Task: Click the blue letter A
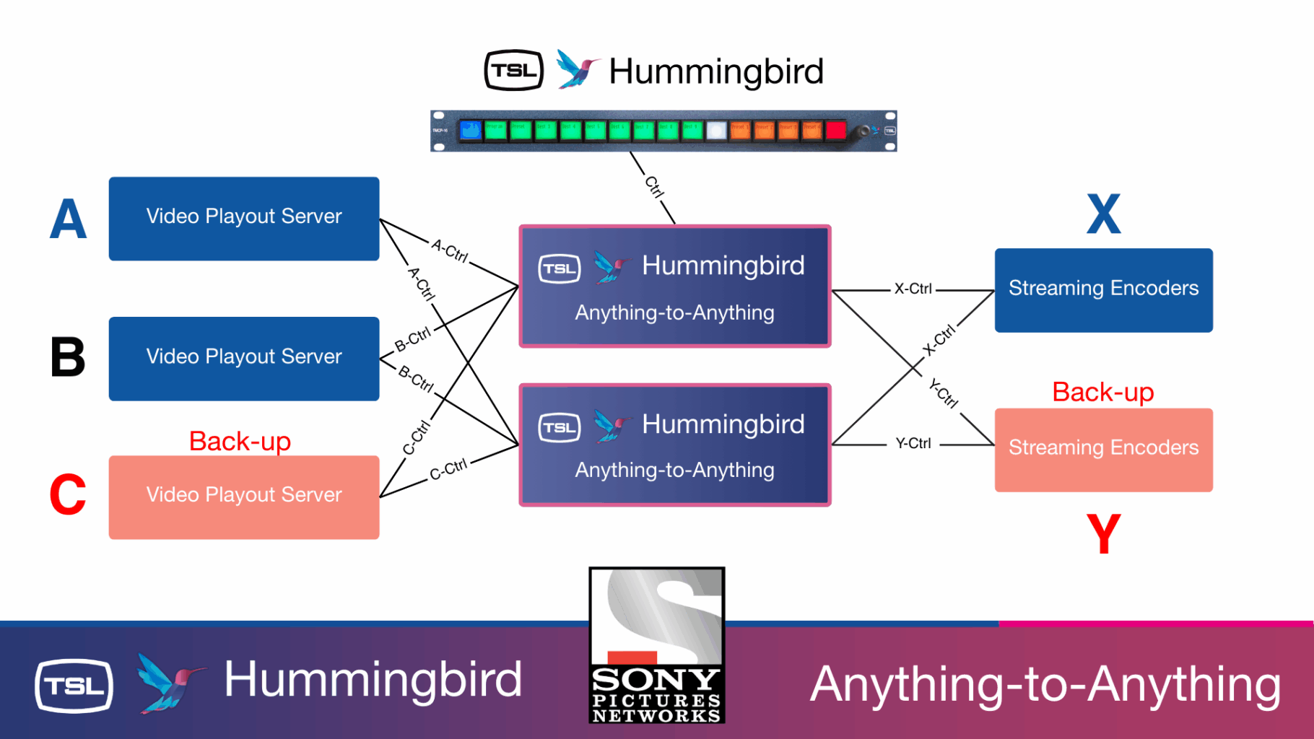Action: click(x=68, y=219)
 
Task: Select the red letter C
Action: click(x=68, y=495)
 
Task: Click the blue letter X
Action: click(x=1103, y=214)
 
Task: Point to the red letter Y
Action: click(x=1103, y=534)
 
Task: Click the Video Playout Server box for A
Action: click(x=244, y=219)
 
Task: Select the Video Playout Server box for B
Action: click(x=244, y=359)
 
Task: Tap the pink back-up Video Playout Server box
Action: click(x=244, y=497)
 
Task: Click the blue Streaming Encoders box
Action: click(x=1103, y=290)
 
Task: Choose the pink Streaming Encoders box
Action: click(x=1103, y=450)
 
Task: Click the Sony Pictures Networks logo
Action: click(x=656, y=645)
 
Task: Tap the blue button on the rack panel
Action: click(x=471, y=131)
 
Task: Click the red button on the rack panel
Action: click(x=835, y=131)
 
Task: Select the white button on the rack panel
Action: click(x=715, y=131)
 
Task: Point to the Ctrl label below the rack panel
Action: click(x=654, y=187)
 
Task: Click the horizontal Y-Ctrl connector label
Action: click(x=913, y=444)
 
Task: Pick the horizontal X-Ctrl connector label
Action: click(x=913, y=289)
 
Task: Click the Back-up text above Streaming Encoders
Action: click(x=1102, y=392)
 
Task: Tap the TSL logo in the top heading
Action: click(x=513, y=71)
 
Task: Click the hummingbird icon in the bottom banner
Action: click(x=169, y=682)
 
